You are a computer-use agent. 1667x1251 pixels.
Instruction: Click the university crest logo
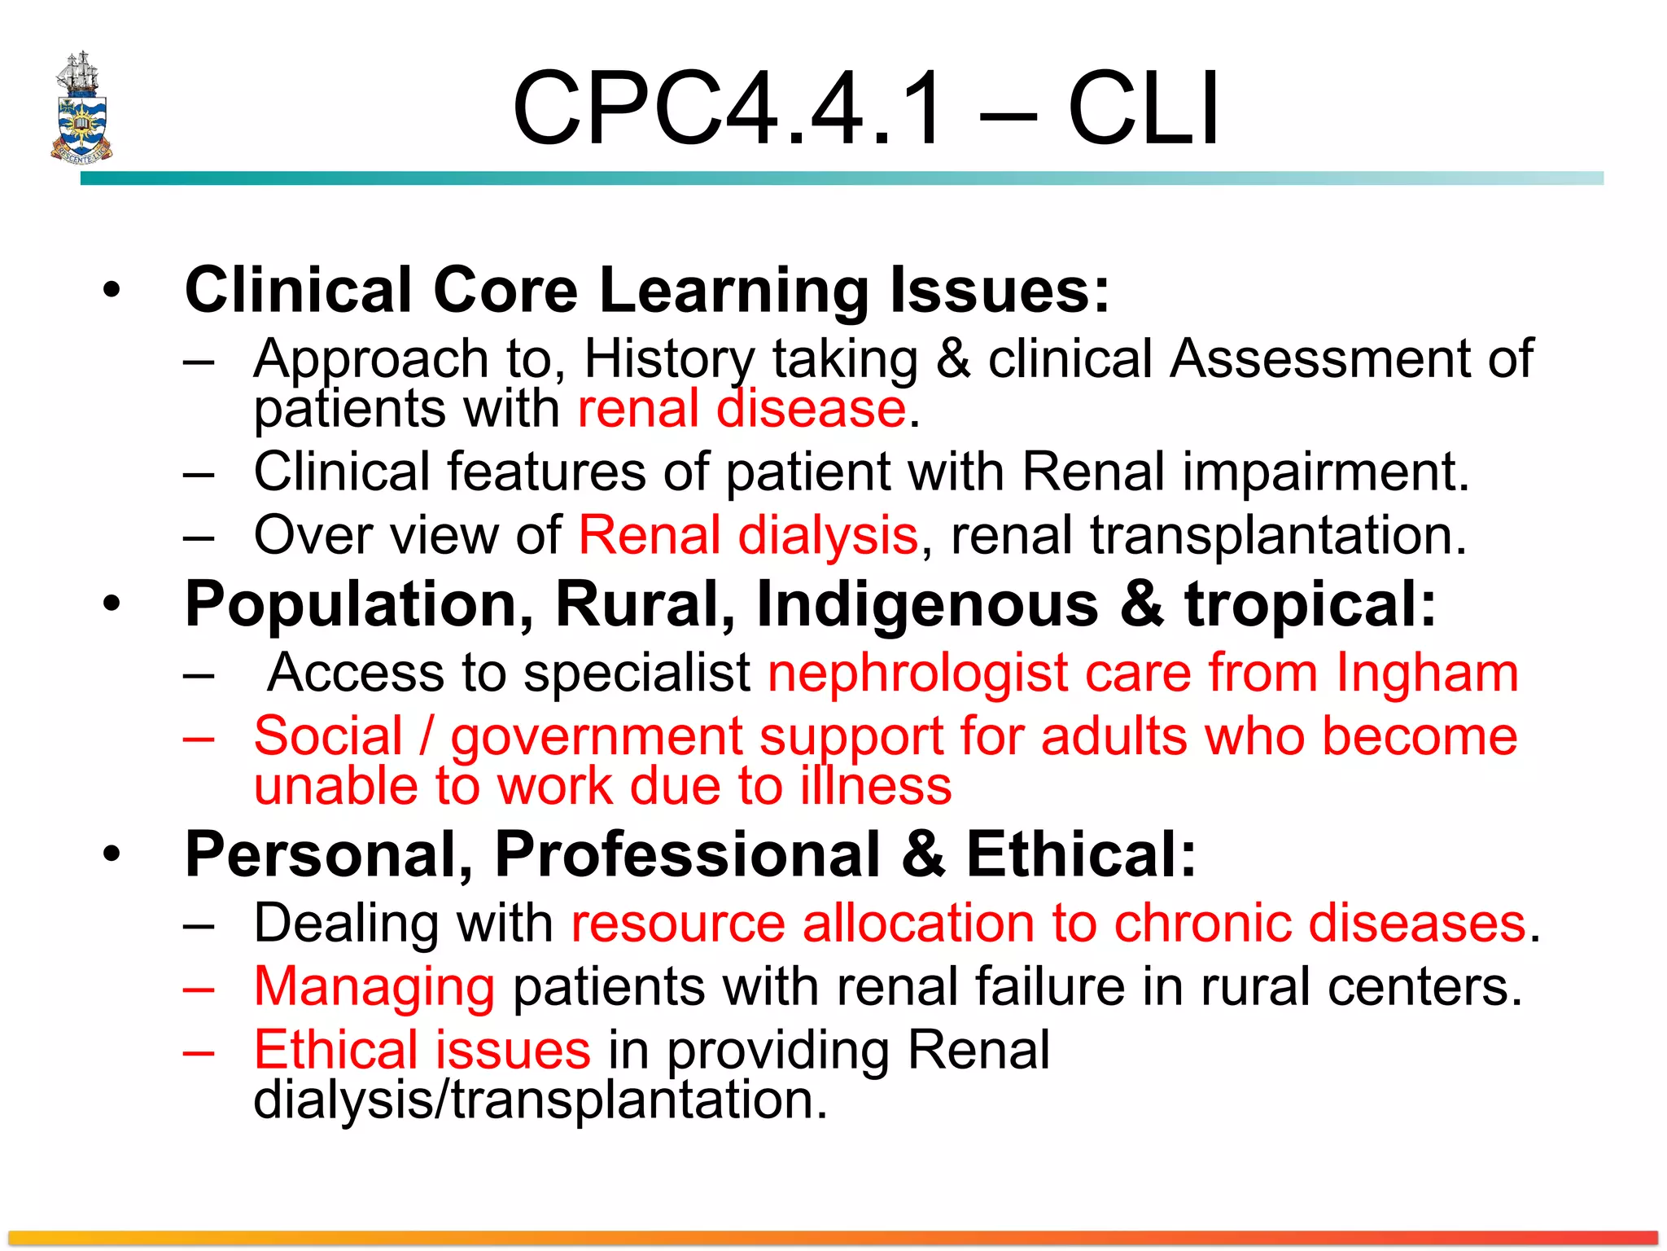coord(81,108)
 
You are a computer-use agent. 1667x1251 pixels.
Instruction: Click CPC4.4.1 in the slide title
coord(729,108)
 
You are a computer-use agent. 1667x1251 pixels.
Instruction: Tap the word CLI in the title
coord(1143,108)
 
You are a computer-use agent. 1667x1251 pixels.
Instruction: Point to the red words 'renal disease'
coord(742,408)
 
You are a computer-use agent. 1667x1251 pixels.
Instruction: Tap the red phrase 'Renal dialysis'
coord(748,535)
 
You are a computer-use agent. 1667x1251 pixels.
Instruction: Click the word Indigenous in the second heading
coord(927,604)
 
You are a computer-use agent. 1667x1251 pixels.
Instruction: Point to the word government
coord(597,737)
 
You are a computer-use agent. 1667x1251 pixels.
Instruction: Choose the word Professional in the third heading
coord(688,854)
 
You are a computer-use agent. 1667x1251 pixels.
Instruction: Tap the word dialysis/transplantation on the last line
coord(540,1100)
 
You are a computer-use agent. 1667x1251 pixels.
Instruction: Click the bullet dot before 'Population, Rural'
coord(112,604)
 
